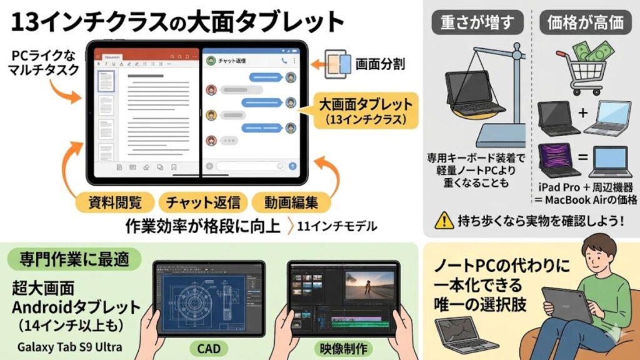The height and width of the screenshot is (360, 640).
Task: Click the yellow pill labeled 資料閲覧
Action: click(115, 202)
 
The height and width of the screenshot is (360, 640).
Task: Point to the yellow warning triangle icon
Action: click(444, 220)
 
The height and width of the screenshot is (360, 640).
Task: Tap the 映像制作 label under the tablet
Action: click(341, 347)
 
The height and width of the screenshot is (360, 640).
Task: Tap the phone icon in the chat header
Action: click(285, 61)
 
